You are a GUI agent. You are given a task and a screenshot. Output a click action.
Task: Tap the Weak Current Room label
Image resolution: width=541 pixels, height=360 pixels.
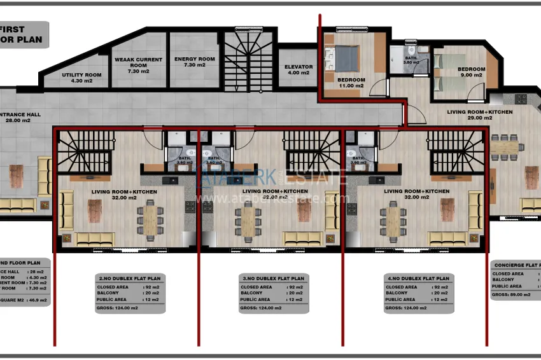coord(138,66)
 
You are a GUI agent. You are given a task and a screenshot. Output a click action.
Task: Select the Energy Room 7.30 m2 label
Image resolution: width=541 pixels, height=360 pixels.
coord(195,62)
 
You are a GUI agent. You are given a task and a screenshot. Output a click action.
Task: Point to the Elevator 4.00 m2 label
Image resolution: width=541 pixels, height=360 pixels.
coord(299,69)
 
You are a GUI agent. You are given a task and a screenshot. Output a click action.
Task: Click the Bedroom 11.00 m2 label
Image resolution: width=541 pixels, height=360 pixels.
coord(351,83)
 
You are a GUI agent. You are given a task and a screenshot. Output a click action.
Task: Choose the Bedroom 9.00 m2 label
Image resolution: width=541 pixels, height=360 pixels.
coord(471,72)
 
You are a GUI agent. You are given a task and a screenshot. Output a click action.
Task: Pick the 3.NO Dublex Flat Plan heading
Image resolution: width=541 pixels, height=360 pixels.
coord(274,279)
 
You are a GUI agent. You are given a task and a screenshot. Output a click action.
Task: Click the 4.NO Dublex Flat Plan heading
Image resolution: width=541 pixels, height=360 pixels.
coord(418,279)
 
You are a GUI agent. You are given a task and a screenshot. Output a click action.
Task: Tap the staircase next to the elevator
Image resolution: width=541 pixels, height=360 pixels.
coord(248,61)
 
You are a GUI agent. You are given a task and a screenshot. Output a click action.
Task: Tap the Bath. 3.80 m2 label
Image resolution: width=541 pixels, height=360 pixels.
coord(411,60)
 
